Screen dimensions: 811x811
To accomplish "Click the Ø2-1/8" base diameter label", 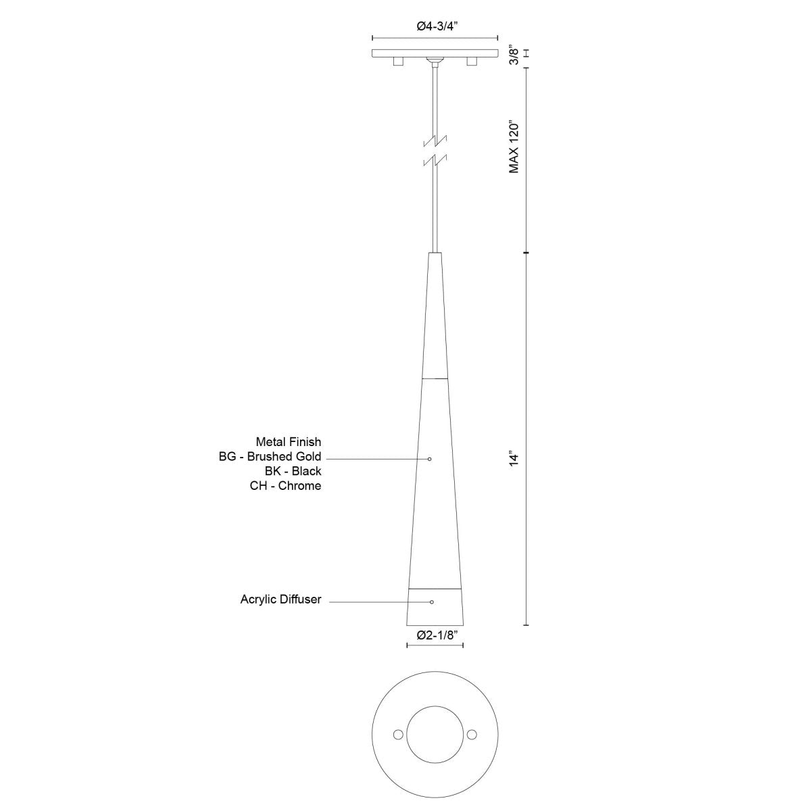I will [435, 635].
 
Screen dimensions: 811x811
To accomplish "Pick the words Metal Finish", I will [289, 442].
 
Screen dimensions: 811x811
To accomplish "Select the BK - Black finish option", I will [293, 471].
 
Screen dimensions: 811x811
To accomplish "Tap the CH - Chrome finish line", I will [285, 486].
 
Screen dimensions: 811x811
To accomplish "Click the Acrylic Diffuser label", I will [280, 599].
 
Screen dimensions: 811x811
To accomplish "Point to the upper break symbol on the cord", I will [435, 142].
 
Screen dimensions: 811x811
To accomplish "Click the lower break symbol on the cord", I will [435, 160].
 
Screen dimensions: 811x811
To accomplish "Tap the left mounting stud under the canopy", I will [399, 62].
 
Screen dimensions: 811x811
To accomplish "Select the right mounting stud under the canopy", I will [471, 62].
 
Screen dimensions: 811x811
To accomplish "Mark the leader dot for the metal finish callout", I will [430, 459].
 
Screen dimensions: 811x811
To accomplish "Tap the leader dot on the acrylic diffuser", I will [432, 601].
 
